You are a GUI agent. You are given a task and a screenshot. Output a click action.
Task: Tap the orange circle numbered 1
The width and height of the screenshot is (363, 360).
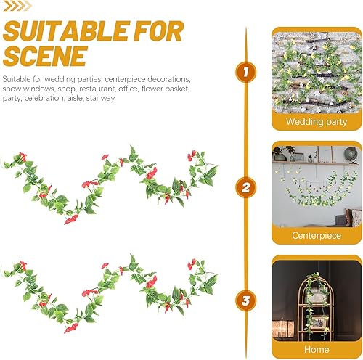point(246,72)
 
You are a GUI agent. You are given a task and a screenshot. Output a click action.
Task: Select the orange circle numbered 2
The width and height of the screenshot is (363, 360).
point(246,188)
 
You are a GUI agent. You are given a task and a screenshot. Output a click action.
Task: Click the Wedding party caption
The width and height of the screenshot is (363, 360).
point(317,122)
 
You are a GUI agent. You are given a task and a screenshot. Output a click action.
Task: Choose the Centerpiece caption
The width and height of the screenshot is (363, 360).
point(317,235)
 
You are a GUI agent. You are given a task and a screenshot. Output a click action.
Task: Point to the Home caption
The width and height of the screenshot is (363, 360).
point(317,348)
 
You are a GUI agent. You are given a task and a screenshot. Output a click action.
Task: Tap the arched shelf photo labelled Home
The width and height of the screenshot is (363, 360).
point(317,297)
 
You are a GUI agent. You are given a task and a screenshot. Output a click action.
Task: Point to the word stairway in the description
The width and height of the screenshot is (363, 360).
point(99,98)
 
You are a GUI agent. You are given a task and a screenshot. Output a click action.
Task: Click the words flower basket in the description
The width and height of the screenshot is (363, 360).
point(166,89)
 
